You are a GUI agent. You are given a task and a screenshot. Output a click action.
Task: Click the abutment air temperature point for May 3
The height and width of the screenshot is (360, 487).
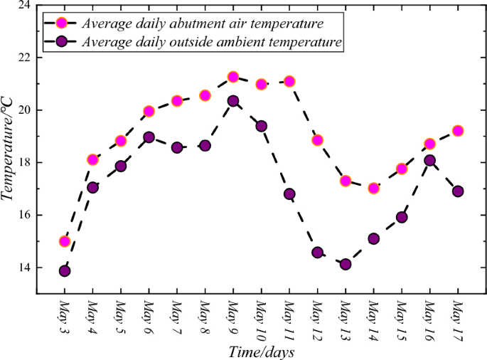pos(65,241)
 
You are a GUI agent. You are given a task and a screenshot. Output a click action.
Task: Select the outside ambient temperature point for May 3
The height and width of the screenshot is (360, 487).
pos(65,271)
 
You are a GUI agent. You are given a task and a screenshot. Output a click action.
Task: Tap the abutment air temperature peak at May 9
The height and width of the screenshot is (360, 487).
pos(233,77)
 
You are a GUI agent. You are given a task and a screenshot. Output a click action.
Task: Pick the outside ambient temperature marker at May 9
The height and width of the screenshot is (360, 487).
pos(233,101)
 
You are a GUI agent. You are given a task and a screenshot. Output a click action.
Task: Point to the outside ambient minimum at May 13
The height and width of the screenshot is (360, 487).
pos(346,264)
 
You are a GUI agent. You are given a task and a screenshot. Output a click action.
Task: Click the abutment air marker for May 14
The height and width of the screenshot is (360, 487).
pos(374,189)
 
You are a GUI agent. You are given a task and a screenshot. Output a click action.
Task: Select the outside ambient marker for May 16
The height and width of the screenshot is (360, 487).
pos(430,161)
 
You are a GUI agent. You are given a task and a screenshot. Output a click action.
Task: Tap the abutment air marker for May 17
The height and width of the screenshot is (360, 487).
pos(458,131)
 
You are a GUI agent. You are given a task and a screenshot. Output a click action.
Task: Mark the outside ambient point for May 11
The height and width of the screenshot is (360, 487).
pos(289,194)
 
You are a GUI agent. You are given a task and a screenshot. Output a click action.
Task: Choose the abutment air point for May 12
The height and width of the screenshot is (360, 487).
pos(317,140)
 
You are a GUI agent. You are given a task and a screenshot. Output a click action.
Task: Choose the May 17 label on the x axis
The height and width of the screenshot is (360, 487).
pos(458,319)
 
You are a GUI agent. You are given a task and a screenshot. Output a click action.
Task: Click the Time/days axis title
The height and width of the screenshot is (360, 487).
pos(261,351)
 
